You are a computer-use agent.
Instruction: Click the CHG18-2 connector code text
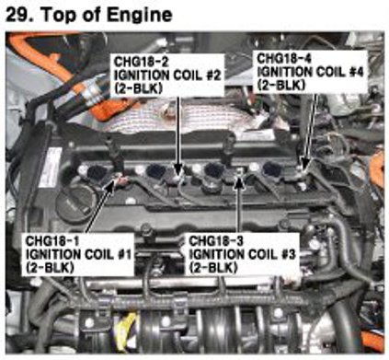tap(141, 62)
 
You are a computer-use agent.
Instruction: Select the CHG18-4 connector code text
tap(284, 58)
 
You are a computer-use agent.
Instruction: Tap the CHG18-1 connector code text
tap(52, 240)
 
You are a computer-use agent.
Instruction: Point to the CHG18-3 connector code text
tap(216, 241)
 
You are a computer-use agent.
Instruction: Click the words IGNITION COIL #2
tap(167, 75)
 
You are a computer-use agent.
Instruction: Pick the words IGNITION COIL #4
tap(310, 72)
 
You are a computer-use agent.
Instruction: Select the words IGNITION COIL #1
tap(78, 254)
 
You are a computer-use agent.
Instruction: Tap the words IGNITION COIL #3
tap(242, 254)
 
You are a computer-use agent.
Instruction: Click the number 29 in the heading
tap(18, 15)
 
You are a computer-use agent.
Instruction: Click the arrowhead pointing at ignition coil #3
tap(239, 180)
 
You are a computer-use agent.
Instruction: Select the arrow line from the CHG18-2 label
tap(178, 135)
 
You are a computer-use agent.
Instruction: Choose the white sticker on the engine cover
tap(51, 168)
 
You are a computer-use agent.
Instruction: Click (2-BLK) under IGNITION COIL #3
tap(213, 268)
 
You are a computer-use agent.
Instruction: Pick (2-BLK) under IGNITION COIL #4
tap(281, 85)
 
